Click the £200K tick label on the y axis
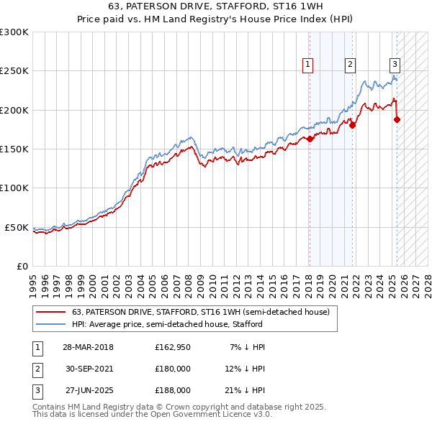[x=14, y=110]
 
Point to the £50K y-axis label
[x=17, y=227]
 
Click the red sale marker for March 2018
[x=310, y=139]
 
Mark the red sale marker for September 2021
[x=353, y=125]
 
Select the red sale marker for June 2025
[x=397, y=119]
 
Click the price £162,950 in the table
[x=173, y=347]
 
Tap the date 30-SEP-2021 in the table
[x=89, y=369]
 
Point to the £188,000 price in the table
[x=173, y=390]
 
